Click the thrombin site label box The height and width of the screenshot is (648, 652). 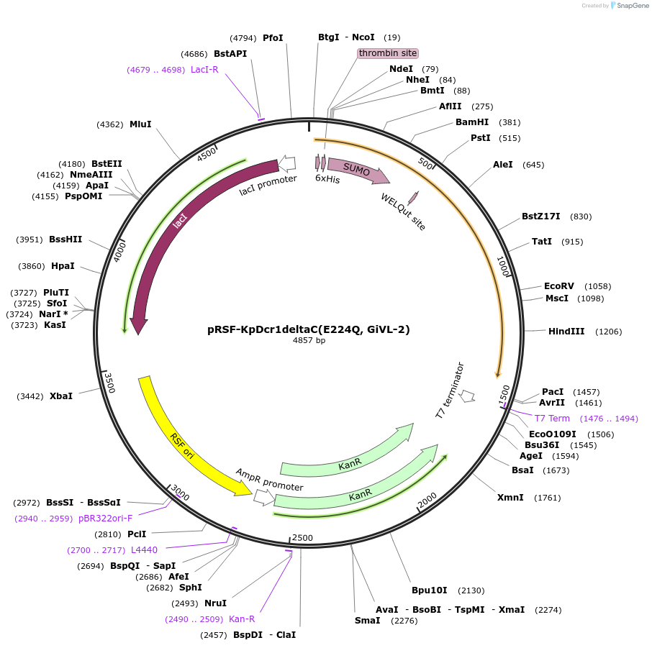click(x=388, y=53)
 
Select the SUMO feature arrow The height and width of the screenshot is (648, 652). click(x=358, y=170)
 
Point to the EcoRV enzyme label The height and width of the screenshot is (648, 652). click(x=559, y=286)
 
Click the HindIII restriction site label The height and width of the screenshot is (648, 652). click(x=566, y=332)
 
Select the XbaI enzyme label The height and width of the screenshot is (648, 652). click(x=61, y=396)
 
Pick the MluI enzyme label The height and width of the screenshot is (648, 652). click(x=140, y=124)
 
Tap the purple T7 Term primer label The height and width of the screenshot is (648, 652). click(x=552, y=419)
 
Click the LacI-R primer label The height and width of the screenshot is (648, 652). click(x=204, y=70)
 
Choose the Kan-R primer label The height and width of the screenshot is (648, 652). click(x=242, y=619)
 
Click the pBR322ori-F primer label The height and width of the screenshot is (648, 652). click(x=106, y=518)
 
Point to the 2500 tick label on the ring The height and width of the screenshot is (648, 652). click(x=302, y=538)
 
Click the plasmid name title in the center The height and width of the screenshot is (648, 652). click(x=309, y=329)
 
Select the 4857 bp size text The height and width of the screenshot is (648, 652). click(x=309, y=341)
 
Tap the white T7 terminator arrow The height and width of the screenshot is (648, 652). click(x=468, y=396)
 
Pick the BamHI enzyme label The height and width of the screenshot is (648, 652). click(x=472, y=122)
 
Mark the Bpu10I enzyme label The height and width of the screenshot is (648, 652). click(x=429, y=590)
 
